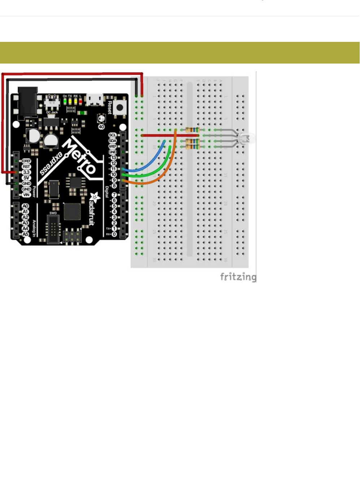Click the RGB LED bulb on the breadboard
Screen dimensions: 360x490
click(x=247, y=138)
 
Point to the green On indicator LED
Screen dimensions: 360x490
click(x=65, y=101)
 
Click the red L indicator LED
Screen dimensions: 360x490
click(x=80, y=101)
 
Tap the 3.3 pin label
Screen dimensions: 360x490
click(x=26, y=172)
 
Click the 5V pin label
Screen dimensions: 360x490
click(x=26, y=178)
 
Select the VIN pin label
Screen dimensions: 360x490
click(x=26, y=195)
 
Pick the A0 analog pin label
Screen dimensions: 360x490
click(x=25, y=206)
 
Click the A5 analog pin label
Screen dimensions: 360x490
click(x=25, y=234)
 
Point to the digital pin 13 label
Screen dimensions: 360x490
click(x=113, y=157)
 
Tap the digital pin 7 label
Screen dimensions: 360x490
click(x=114, y=195)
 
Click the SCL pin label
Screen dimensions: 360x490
click(x=113, y=135)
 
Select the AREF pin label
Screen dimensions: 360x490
click(x=113, y=146)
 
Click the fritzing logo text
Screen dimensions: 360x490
click(x=238, y=277)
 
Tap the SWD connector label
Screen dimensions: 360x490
click(x=53, y=213)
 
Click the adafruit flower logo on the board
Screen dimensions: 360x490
click(x=95, y=197)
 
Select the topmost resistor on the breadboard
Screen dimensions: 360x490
click(x=192, y=130)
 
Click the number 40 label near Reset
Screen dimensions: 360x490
click(x=101, y=127)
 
